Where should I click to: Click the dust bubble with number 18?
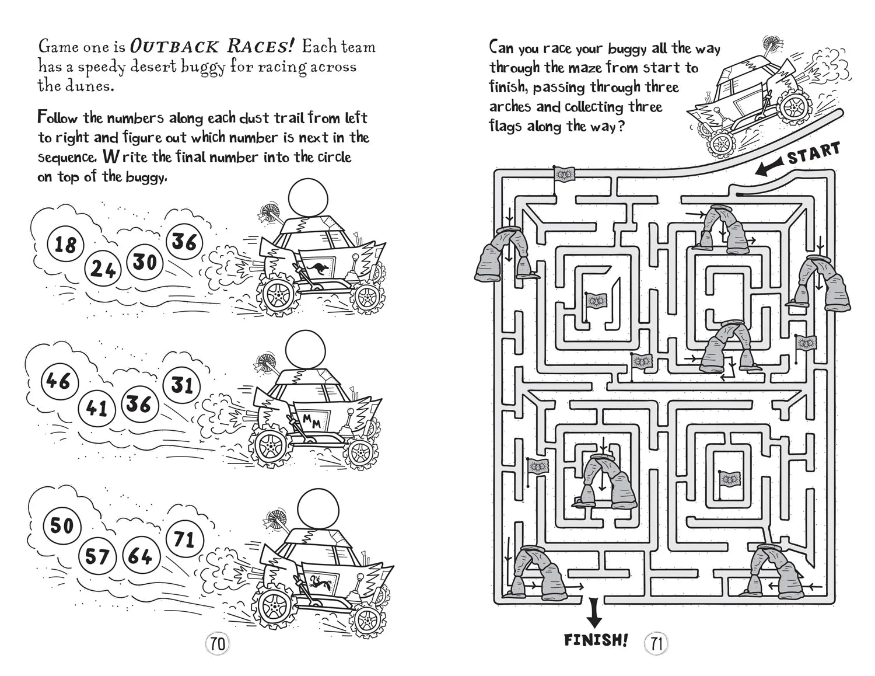pos(65,244)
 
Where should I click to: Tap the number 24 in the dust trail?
pos(103,269)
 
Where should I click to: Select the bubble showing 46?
pos(58,381)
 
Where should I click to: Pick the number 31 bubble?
pos(182,385)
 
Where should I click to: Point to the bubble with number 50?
pos(61,525)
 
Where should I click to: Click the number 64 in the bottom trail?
pos(140,556)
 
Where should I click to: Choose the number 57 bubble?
pos(97,556)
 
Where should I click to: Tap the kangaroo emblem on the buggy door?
pos(320,267)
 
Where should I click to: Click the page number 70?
pos(218,644)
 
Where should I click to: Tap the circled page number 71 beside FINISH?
pos(656,644)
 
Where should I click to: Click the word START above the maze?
pos(814,153)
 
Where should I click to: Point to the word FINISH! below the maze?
pos(596,640)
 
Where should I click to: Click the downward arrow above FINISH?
pos(594,614)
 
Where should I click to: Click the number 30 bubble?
pos(144,262)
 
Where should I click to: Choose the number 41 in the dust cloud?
pos(96,407)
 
